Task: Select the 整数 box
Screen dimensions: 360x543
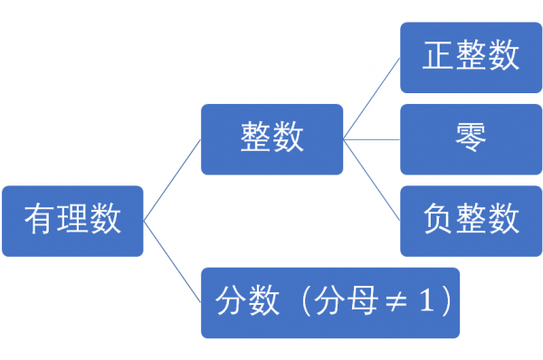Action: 271,139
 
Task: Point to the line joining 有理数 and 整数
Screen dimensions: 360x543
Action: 173,180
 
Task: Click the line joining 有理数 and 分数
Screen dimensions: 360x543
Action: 173,262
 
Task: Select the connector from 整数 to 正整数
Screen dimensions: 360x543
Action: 372,98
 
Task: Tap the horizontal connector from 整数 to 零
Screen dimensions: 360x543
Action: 372,139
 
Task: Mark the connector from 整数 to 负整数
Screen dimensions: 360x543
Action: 372,180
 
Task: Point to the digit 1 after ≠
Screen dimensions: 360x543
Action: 423,302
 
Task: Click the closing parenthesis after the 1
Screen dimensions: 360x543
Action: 443,302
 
